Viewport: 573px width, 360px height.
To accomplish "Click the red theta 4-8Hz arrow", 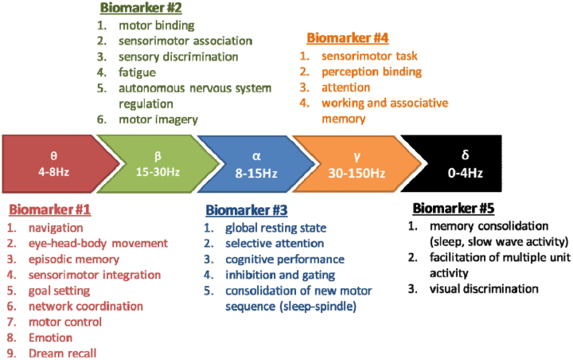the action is coord(55,164).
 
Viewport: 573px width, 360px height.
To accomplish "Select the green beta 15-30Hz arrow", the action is coord(158,164).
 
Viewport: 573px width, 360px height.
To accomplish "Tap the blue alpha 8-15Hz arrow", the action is coord(255,164).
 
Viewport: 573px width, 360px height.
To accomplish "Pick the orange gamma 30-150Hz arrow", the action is coord(357,164).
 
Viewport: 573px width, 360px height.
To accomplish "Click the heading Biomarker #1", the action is coord(49,209).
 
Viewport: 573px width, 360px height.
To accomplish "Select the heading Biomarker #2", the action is coord(141,8).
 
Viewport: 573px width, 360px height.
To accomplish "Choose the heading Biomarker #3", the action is coord(247,210).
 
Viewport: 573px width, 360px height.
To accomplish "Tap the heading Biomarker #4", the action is coord(348,37).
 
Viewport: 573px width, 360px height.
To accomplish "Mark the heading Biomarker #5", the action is coord(454,208).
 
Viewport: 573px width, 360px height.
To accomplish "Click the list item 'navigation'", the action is coord(56,228).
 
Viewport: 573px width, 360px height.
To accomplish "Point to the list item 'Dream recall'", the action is coord(63,354).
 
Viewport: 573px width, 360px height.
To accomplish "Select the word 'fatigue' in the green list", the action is coord(137,72).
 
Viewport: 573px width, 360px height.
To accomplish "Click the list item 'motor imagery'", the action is coord(158,119).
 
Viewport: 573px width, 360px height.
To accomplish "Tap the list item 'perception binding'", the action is coord(372,72).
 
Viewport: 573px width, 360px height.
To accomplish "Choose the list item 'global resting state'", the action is coord(276,228).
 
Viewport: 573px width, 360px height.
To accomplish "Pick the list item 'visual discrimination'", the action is coord(484,289).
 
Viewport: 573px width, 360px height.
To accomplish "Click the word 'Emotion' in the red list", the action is coord(50,338).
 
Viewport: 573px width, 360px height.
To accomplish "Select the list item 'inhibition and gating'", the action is coord(280,275).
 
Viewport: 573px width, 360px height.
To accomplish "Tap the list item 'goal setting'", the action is coord(59,292).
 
